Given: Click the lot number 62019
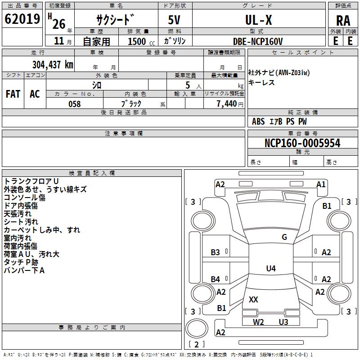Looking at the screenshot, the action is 22,19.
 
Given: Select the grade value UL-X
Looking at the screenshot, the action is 258,20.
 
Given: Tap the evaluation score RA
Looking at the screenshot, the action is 343,21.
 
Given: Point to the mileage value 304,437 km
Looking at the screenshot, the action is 53,65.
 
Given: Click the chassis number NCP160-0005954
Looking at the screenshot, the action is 302,143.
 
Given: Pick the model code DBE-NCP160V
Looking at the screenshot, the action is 257,41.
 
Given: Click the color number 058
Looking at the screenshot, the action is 75,104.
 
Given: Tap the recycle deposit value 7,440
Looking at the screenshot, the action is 227,104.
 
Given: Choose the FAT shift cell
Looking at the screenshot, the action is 13,94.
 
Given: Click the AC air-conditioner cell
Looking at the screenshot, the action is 35,94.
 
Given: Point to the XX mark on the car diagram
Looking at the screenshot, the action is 253,299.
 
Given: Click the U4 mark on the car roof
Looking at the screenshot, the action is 271,268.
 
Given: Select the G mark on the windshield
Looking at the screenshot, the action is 284,237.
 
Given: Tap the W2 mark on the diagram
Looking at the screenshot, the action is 258,322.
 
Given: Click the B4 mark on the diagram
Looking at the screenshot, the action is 216,279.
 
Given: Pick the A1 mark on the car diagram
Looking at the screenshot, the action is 321,184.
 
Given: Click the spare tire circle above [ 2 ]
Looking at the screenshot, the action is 197,328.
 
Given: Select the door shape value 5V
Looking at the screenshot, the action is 174,20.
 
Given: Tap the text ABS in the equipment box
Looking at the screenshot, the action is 258,121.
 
